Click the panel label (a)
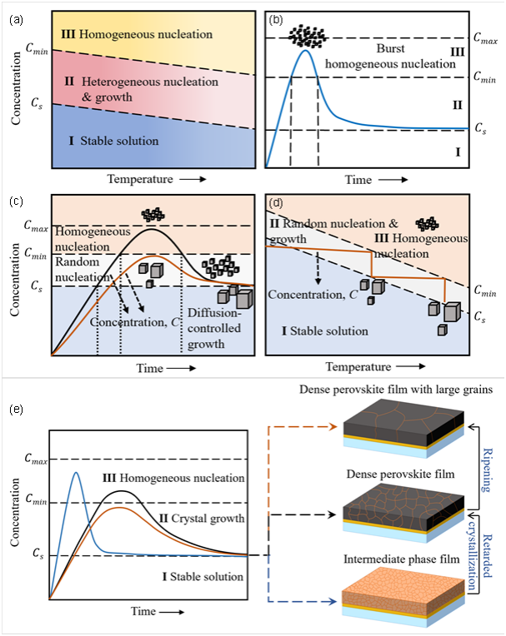point(16,20)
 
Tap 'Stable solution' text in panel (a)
point(119,141)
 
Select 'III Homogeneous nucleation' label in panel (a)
point(137,34)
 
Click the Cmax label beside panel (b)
point(486,38)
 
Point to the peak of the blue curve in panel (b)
point(306,50)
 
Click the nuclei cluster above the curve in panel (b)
point(308,37)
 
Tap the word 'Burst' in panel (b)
point(390,48)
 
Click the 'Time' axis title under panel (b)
point(358,180)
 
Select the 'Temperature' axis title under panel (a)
point(140,179)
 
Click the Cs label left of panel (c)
point(37,286)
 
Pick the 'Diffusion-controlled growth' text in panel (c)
point(214,328)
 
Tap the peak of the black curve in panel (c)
point(152,229)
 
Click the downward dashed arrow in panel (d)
point(318,268)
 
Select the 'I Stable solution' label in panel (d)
point(325,331)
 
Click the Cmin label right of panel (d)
point(485,291)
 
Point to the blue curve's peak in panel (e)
point(76,473)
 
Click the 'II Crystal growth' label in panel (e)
point(202,519)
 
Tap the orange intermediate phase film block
point(403,595)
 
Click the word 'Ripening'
point(488,470)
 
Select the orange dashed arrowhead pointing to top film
point(333,427)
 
